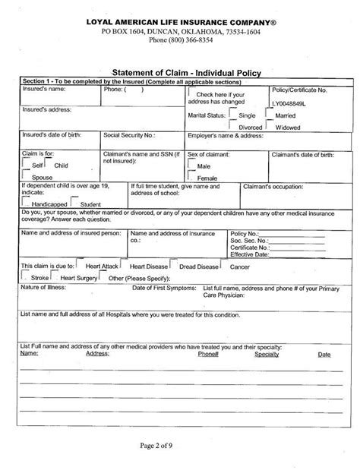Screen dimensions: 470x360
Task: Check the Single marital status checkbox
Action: pos(234,115)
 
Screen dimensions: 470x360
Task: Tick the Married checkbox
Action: pos(270,115)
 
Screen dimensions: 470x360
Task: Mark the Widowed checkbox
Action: pos(270,126)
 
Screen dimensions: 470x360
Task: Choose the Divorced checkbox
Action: pos(234,126)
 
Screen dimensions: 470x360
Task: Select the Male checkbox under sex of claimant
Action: pos(191,164)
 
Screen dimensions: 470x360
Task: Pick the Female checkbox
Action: pos(191,175)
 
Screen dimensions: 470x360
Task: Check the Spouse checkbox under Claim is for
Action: pos(25,175)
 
